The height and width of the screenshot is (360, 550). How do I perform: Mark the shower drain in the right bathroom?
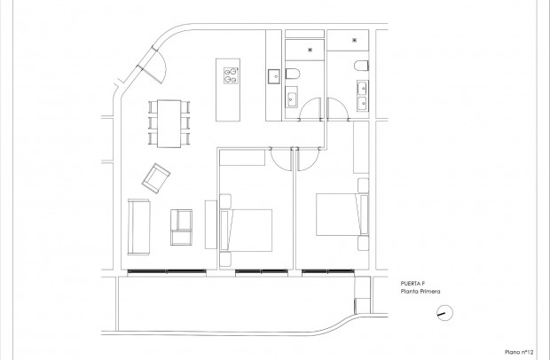point(354,39)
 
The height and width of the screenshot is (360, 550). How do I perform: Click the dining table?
point(167,123)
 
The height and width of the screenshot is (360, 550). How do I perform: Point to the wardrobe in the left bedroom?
point(242,159)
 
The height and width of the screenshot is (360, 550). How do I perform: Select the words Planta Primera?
point(421,291)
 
